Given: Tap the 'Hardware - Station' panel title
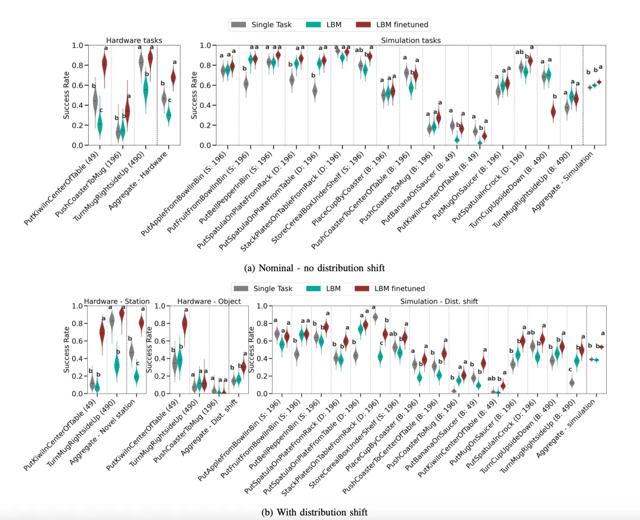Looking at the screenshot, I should click(117, 301).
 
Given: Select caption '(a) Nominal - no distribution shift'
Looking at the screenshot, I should click(318, 268).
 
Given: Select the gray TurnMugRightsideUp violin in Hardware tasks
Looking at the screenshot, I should click(141, 62).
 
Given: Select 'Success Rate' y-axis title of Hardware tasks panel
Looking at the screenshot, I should click(67, 95).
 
